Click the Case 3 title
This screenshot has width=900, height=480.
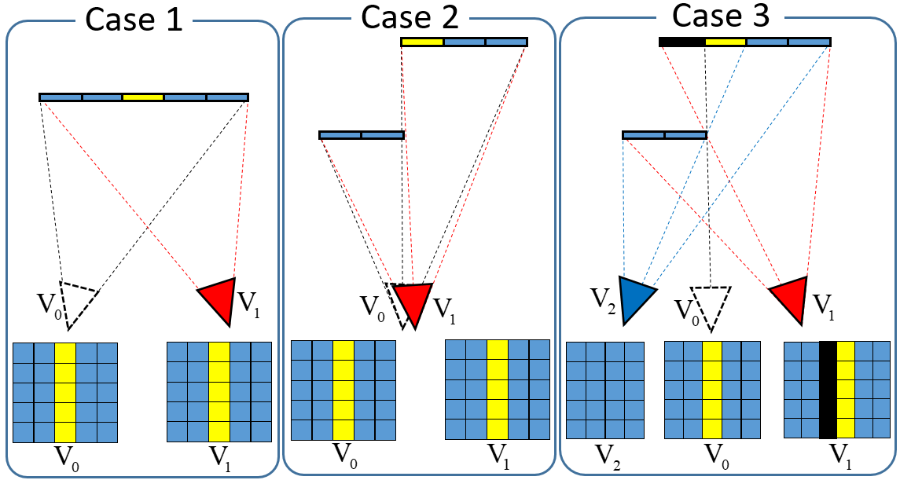(x=720, y=15)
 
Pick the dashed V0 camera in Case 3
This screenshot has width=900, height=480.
(x=711, y=305)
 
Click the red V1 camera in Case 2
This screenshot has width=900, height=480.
(x=414, y=302)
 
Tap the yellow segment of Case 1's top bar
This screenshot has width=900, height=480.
(x=143, y=97)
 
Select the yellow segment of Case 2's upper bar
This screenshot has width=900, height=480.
(x=422, y=42)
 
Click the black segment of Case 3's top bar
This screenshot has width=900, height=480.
(x=682, y=42)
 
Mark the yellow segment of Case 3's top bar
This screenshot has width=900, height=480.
(x=726, y=42)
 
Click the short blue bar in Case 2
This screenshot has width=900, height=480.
(x=362, y=135)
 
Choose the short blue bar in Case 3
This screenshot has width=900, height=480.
(x=665, y=135)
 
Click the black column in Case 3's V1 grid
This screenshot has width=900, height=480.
(x=828, y=390)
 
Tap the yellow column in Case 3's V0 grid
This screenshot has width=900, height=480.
(x=711, y=390)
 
